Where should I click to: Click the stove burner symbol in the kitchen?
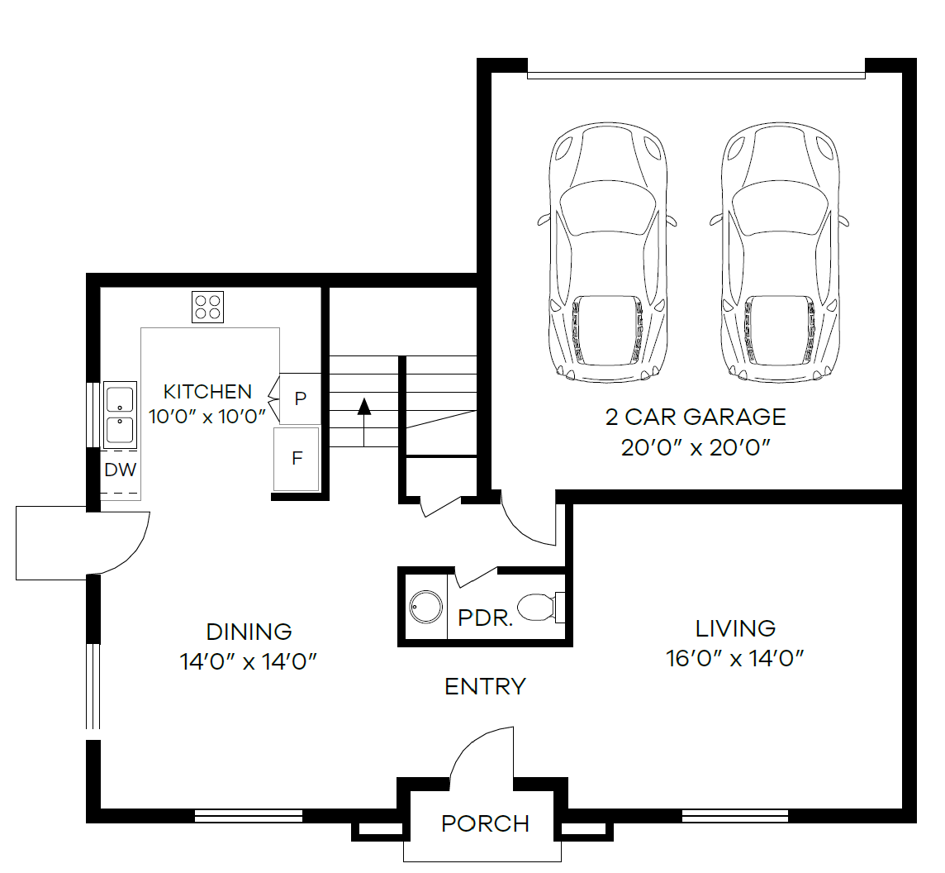(x=208, y=307)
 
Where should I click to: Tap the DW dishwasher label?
(x=120, y=470)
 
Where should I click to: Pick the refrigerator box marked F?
(x=297, y=458)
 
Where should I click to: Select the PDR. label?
(x=485, y=618)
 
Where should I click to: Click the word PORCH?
(x=485, y=823)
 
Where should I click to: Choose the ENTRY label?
(x=485, y=686)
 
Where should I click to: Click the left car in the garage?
(x=607, y=252)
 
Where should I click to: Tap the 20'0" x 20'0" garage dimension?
(x=696, y=448)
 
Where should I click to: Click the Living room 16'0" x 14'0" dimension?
(x=735, y=658)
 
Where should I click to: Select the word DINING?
(x=249, y=632)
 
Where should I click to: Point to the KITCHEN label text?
(x=207, y=391)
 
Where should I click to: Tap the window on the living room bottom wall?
(x=735, y=816)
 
